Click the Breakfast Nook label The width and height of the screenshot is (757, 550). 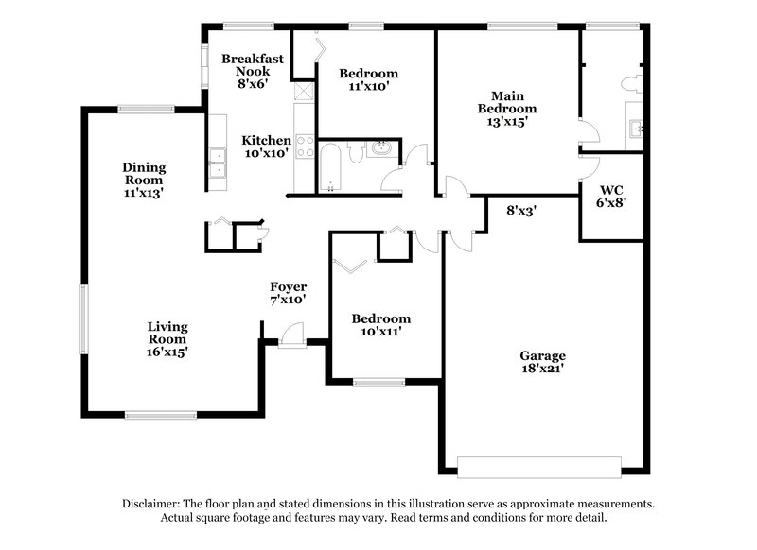coord(246,71)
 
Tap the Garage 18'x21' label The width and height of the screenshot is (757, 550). coord(542,362)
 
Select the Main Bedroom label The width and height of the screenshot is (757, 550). coord(506,108)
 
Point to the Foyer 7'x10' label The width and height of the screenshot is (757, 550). coord(288,293)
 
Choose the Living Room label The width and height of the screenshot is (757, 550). coord(167,338)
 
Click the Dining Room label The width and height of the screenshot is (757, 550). coord(143,180)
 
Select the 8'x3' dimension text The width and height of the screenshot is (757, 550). coord(521,212)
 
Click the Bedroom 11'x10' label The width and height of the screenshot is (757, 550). coord(368,79)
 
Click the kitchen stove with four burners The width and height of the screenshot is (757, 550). coord(306,146)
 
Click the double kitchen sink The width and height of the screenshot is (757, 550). coord(218,163)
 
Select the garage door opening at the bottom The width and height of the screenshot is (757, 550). coord(539,467)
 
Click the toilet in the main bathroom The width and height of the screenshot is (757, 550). coord(630,82)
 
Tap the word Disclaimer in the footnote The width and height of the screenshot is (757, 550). coord(154,504)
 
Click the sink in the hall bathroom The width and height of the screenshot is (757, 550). coord(381,148)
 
